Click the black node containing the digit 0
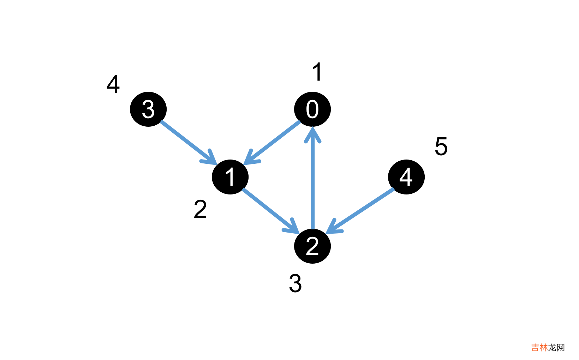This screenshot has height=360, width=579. point(312,109)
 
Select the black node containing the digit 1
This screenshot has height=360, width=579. point(230,177)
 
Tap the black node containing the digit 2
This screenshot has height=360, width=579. point(312,246)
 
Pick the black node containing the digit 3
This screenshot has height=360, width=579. point(148,109)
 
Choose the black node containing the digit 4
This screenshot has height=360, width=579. point(406,177)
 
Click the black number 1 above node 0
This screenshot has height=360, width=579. point(317,72)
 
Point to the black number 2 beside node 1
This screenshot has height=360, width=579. point(200,209)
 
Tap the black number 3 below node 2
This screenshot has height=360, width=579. point(295,283)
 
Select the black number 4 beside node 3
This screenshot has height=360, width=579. point(113,84)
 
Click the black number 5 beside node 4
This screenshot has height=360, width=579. point(441,146)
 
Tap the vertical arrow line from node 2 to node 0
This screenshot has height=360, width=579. point(312,184)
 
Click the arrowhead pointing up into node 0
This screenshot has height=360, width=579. point(312,134)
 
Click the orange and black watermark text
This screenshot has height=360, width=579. point(548,348)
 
